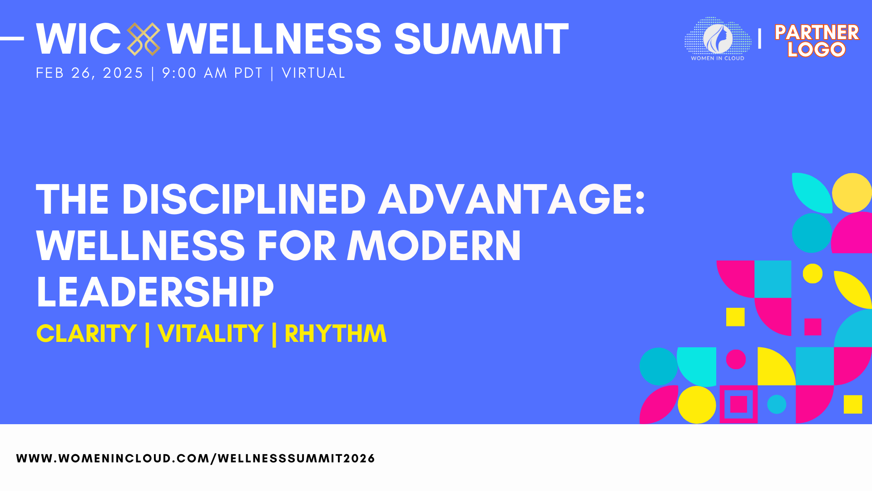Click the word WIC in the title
coord(78,39)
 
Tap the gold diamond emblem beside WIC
coord(144,39)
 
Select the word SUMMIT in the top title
coord(481,39)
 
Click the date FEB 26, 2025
coord(89,73)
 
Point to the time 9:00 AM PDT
coord(213,73)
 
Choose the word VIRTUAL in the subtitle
coord(314,73)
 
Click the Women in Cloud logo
coord(718,39)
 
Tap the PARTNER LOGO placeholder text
coord(817,40)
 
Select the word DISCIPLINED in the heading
coord(244,199)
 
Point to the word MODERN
coord(434,245)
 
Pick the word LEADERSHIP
coord(155,292)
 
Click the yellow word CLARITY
coord(86,333)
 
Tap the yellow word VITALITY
coord(211,333)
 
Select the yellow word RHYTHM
coord(336,333)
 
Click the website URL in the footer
coord(196,458)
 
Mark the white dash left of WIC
coord(12,39)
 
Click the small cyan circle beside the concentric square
coord(777,404)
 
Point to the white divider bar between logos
coord(759,39)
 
